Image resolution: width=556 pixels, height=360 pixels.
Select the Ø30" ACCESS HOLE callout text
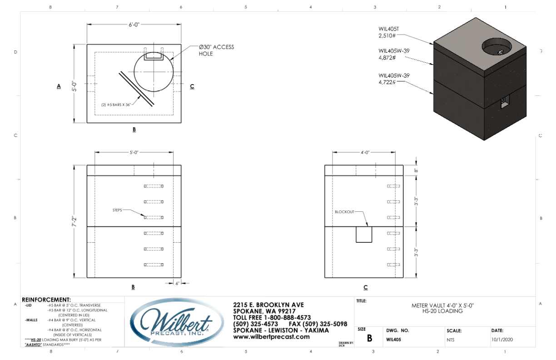click(x=217, y=50)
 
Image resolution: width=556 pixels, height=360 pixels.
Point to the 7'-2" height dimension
click(x=74, y=221)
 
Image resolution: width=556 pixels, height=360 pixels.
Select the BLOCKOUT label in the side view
click(x=344, y=212)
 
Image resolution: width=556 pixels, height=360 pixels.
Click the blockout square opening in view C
click(x=363, y=234)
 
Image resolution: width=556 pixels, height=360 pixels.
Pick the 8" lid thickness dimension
click(x=416, y=170)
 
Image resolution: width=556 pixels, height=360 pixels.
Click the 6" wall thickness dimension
click(x=178, y=283)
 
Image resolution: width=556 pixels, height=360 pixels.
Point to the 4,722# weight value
click(x=387, y=82)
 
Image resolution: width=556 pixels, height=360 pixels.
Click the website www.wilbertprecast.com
click(x=271, y=337)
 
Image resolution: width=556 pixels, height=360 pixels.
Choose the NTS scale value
click(x=451, y=340)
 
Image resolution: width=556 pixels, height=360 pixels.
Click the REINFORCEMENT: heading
click(x=46, y=300)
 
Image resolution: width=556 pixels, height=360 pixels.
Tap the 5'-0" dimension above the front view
click(x=134, y=153)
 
